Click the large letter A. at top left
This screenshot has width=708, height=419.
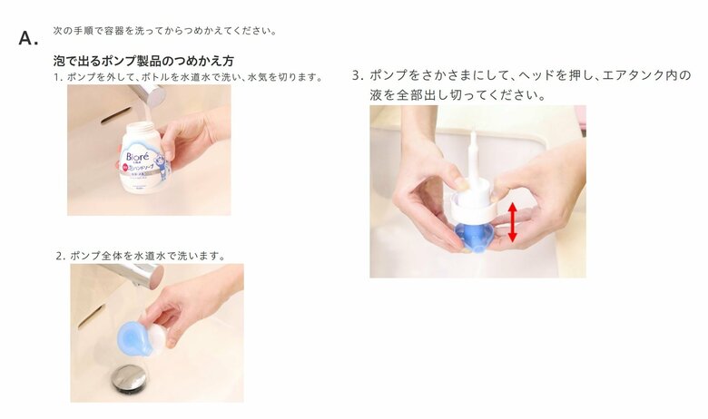28,38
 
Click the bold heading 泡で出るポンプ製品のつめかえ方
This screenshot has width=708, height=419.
143,62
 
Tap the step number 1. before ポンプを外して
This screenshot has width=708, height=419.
58,77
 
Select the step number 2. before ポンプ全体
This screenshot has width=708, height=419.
61,256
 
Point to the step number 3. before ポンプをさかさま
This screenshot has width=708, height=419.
358,75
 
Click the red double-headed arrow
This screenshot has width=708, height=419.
512,222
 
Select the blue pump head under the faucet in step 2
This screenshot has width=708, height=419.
133,337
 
